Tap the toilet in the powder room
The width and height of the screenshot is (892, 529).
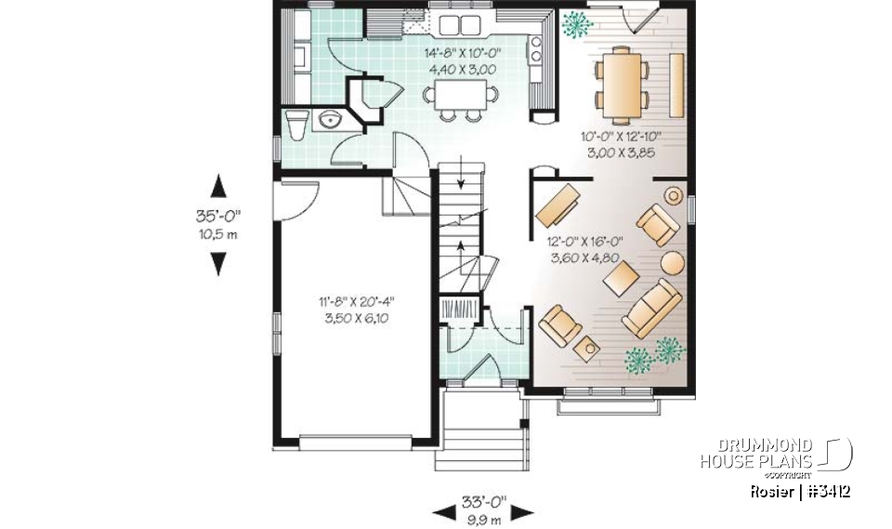point(295,122)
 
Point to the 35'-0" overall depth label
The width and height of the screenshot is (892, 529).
point(217,217)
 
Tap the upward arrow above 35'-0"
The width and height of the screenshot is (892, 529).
point(217,186)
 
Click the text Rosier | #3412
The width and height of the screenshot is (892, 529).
point(803,491)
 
